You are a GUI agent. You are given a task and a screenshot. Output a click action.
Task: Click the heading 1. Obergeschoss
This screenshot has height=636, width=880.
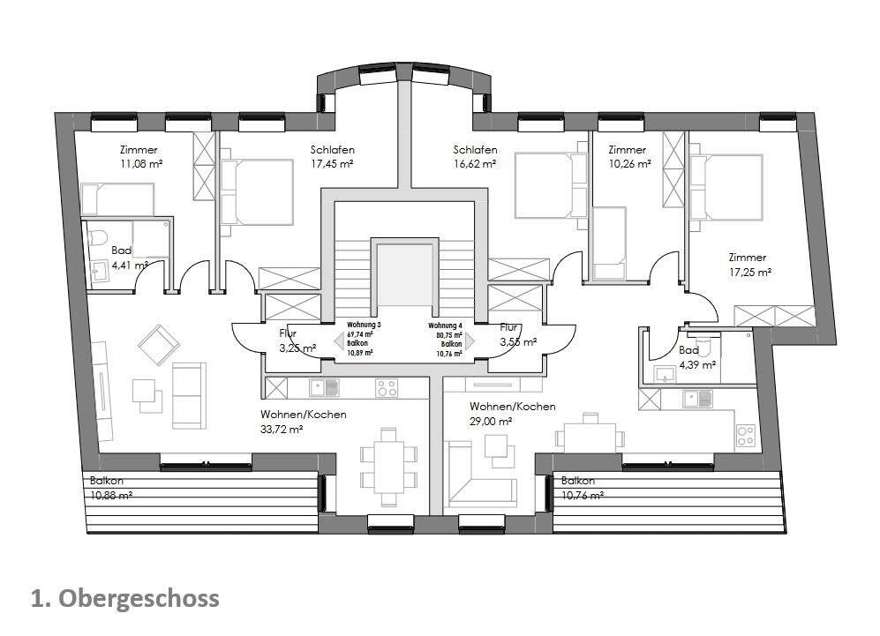click(124, 599)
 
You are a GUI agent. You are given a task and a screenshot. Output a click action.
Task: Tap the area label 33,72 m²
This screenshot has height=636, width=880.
click(282, 430)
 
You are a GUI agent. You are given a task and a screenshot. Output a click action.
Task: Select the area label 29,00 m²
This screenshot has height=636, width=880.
click(492, 422)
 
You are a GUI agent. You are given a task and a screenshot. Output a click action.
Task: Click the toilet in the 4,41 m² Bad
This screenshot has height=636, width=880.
click(98, 236)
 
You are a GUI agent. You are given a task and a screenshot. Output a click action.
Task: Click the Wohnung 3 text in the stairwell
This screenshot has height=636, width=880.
click(364, 325)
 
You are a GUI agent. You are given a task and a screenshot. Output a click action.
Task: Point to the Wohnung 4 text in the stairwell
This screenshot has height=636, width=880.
click(447, 325)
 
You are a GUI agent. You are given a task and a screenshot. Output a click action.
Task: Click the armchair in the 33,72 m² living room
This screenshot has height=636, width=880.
click(159, 345)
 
